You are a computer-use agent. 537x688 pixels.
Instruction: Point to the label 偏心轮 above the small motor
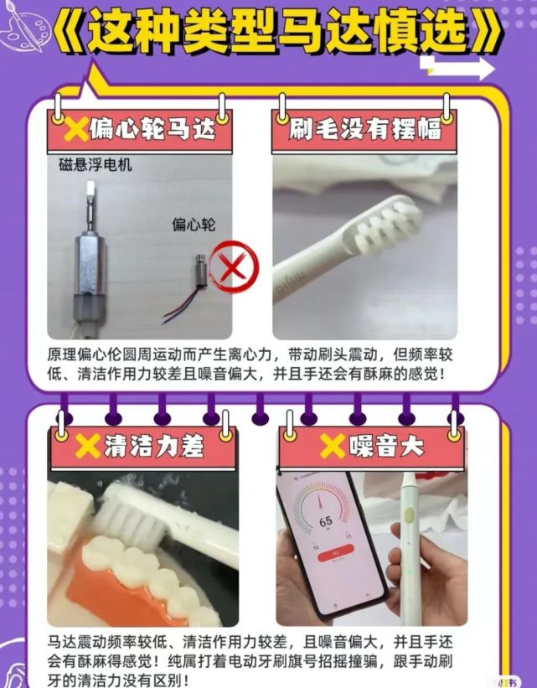(194, 225)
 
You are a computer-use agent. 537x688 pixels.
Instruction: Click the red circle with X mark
(234, 268)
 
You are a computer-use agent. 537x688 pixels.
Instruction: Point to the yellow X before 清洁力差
(87, 447)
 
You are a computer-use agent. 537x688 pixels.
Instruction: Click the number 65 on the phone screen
(325, 520)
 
